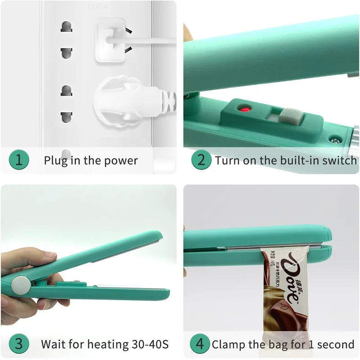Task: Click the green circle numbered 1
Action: [19, 160]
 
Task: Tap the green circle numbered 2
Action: [201, 160]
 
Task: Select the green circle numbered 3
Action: [19, 344]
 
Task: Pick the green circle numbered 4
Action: [200, 344]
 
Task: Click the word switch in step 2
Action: [341, 160]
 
